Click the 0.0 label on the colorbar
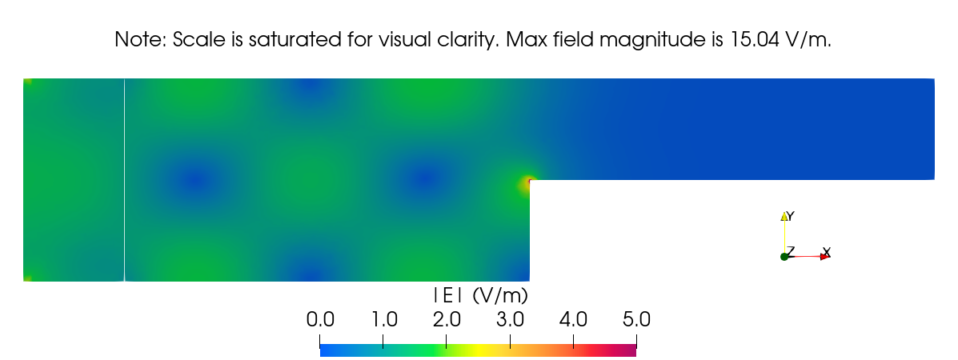320,320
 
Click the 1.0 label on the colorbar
384,320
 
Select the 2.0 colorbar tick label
447,320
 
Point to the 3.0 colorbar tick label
510,320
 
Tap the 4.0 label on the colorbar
573,320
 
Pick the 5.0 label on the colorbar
636,320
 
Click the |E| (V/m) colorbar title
478,295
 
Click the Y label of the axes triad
790,216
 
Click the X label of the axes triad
827,252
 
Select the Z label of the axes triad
790,251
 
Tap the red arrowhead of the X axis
824,257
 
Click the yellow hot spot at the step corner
526,185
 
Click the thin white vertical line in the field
125,180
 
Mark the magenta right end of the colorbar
632,351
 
